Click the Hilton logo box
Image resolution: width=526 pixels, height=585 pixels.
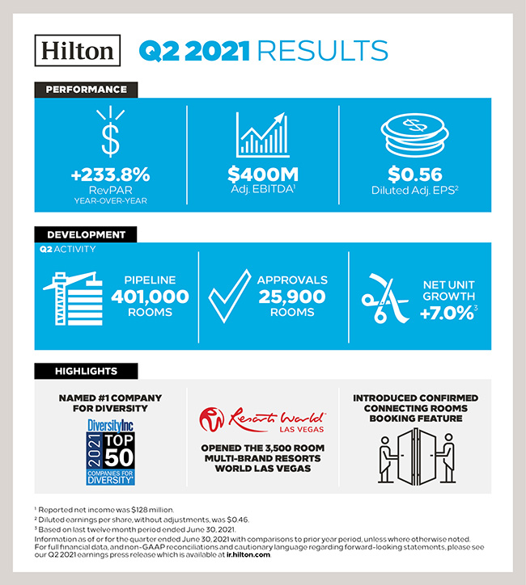point(78,50)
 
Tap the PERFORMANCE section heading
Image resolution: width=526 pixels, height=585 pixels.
point(86,89)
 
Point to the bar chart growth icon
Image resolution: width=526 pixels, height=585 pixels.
point(262,134)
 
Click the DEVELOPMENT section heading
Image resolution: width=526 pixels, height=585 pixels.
point(85,234)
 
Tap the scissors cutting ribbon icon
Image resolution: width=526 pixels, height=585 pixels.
point(383,297)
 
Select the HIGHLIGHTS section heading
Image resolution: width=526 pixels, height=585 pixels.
point(86,371)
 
